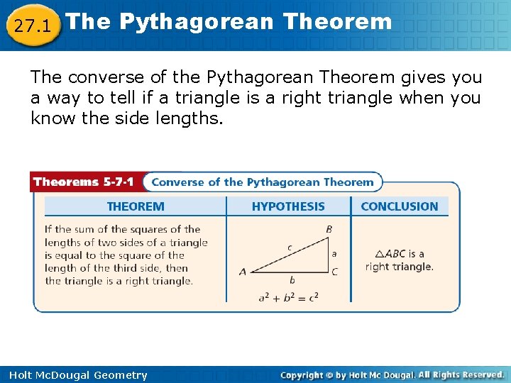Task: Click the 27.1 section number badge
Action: point(31,26)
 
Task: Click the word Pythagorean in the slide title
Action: point(195,21)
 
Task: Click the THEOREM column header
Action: point(135,207)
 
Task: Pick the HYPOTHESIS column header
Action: point(288,207)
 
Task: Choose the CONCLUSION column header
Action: point(400,207)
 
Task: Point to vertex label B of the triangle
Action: point(329,229)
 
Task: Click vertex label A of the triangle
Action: point(243,271)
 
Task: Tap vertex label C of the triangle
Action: point(334,272)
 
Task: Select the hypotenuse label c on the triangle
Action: point(290,248)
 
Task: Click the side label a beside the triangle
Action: point(334,252)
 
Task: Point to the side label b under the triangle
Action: point(292,281)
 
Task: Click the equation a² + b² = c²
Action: point(288,296)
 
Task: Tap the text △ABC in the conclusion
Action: point(390,254)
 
